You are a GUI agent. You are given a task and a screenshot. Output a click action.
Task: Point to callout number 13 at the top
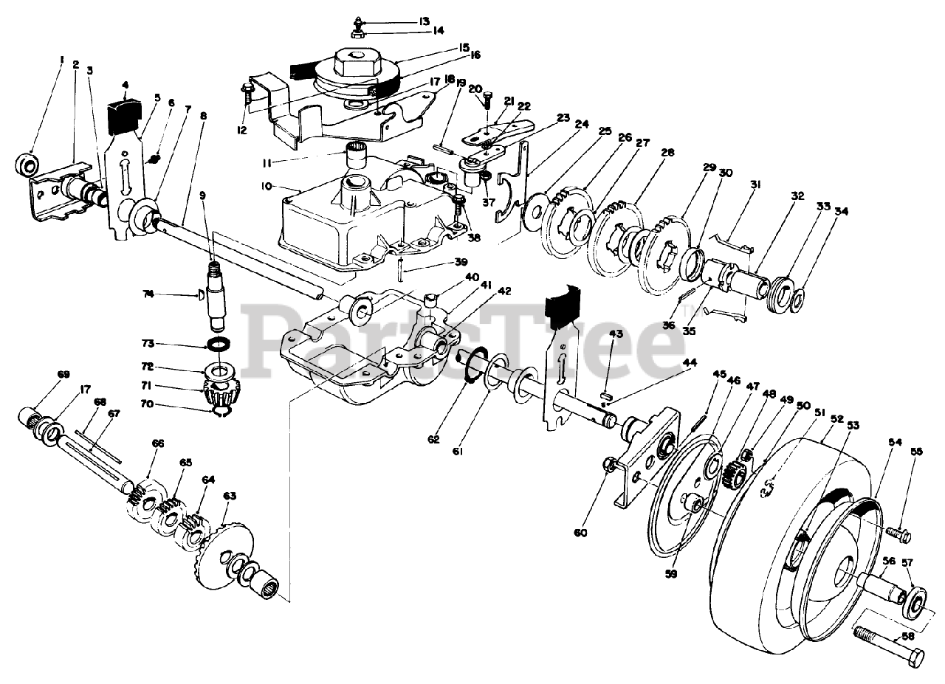[x=424, y=21]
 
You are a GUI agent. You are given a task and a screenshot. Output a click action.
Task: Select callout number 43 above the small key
[x=616, y=334]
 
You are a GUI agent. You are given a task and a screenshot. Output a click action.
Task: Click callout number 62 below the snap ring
[x=433, y=440]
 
